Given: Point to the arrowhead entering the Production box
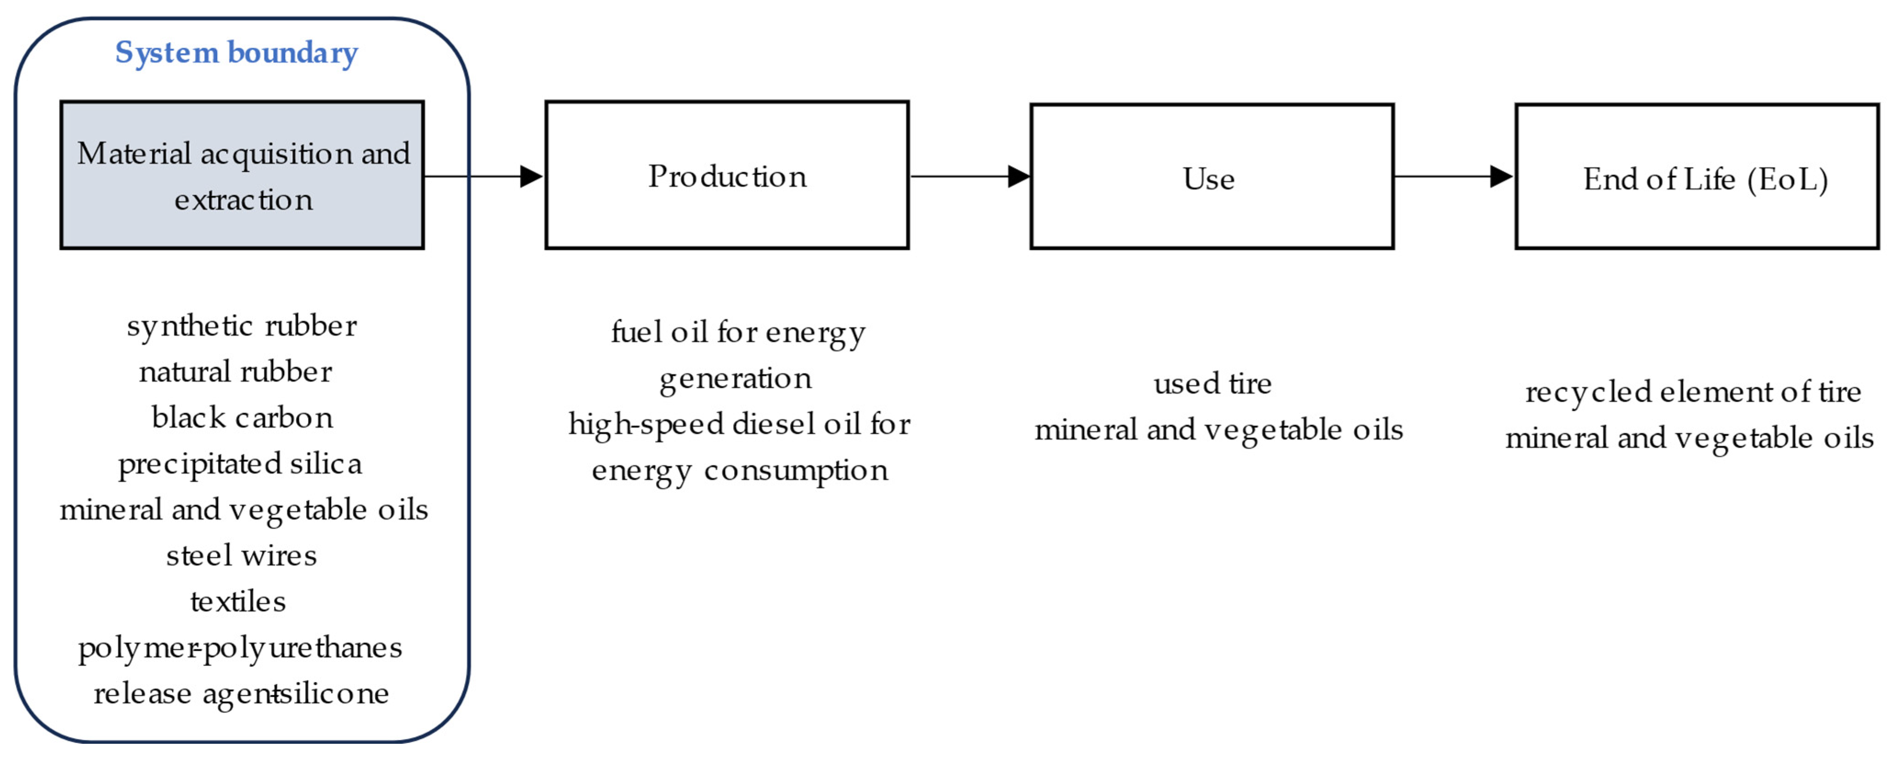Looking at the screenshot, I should [x=530, y=176].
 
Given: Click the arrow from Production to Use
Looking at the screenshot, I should [x=970, y=176].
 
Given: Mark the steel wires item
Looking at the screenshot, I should [x=241, y=555].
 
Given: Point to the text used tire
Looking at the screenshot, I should [x=1212, y=384].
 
